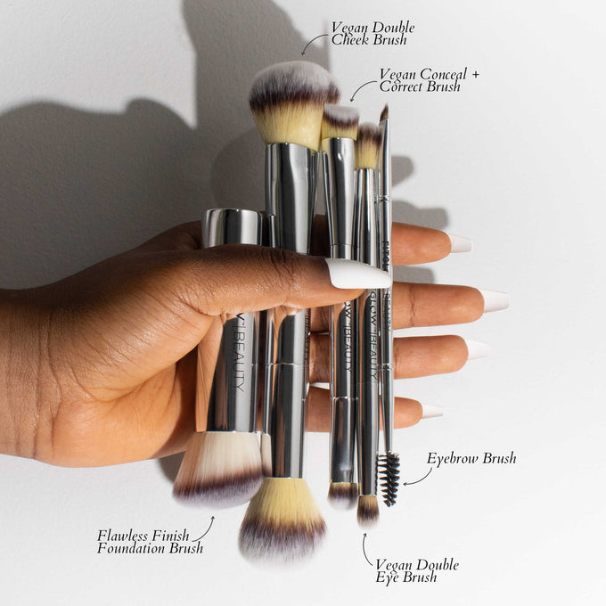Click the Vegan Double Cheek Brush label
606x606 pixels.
coord(373,33)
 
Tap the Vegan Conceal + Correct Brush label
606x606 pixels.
coord(429,80)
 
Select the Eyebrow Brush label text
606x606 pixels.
coord(471,459)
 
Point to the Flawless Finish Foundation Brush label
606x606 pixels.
coord(150,541)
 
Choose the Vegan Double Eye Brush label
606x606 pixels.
coord(416,570)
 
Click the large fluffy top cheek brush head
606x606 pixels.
coord(291,100)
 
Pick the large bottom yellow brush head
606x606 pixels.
coord(283,520)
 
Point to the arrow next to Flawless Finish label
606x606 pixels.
coord(205,529)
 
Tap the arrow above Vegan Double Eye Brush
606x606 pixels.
coord(366,550)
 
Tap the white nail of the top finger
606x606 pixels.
coord(458,242)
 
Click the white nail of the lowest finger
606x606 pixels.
coord(430,411)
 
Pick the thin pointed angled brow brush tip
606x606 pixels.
coord(384,113)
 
